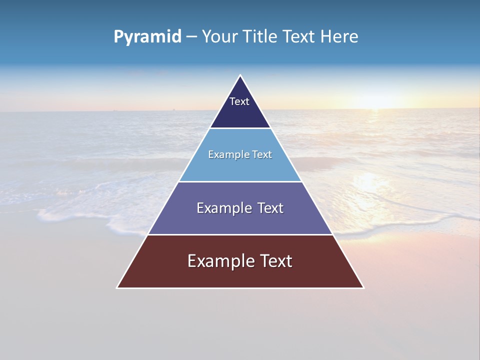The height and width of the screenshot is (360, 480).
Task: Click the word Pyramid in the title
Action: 147,37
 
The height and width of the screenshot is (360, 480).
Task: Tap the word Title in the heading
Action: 260,37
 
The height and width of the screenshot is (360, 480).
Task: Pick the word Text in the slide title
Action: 299,37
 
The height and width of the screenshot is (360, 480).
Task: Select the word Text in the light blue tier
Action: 262,155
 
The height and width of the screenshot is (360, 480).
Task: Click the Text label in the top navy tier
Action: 239,101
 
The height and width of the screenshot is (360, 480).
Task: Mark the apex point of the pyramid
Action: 240,75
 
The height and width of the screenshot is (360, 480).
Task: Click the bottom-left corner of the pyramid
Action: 117,287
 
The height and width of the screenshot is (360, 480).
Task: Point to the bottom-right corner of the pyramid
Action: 363,287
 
